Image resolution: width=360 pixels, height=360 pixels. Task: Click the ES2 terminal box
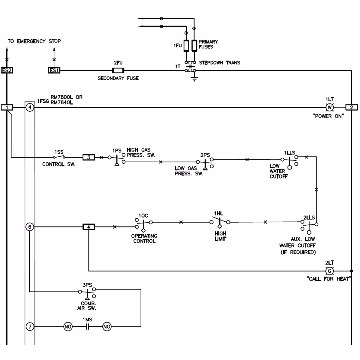[7, 70]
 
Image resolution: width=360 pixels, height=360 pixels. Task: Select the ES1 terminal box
[54, 70]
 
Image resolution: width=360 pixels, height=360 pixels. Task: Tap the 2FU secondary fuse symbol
[118, 71]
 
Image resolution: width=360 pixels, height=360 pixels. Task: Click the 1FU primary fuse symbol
[186, 45]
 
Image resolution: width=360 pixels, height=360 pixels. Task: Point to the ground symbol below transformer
[194, 79]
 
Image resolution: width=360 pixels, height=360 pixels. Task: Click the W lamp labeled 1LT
[329, 107]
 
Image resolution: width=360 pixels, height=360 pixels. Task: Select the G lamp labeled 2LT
[329, 271]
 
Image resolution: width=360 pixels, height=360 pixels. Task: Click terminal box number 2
[351, 107]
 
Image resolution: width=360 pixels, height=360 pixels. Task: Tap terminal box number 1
[7, 107]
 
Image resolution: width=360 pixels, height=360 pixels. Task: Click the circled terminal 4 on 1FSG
[29, 107]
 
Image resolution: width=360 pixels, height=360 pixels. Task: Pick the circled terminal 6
[29, 227]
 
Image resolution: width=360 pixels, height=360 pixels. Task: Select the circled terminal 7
[29, 327]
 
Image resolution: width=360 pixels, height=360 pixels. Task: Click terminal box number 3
[88, 157]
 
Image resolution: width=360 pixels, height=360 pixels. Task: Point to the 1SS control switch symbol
[59, 157]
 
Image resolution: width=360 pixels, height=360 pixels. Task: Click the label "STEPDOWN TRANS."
[220, 63]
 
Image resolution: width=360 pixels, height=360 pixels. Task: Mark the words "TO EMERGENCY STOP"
[34, 41]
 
